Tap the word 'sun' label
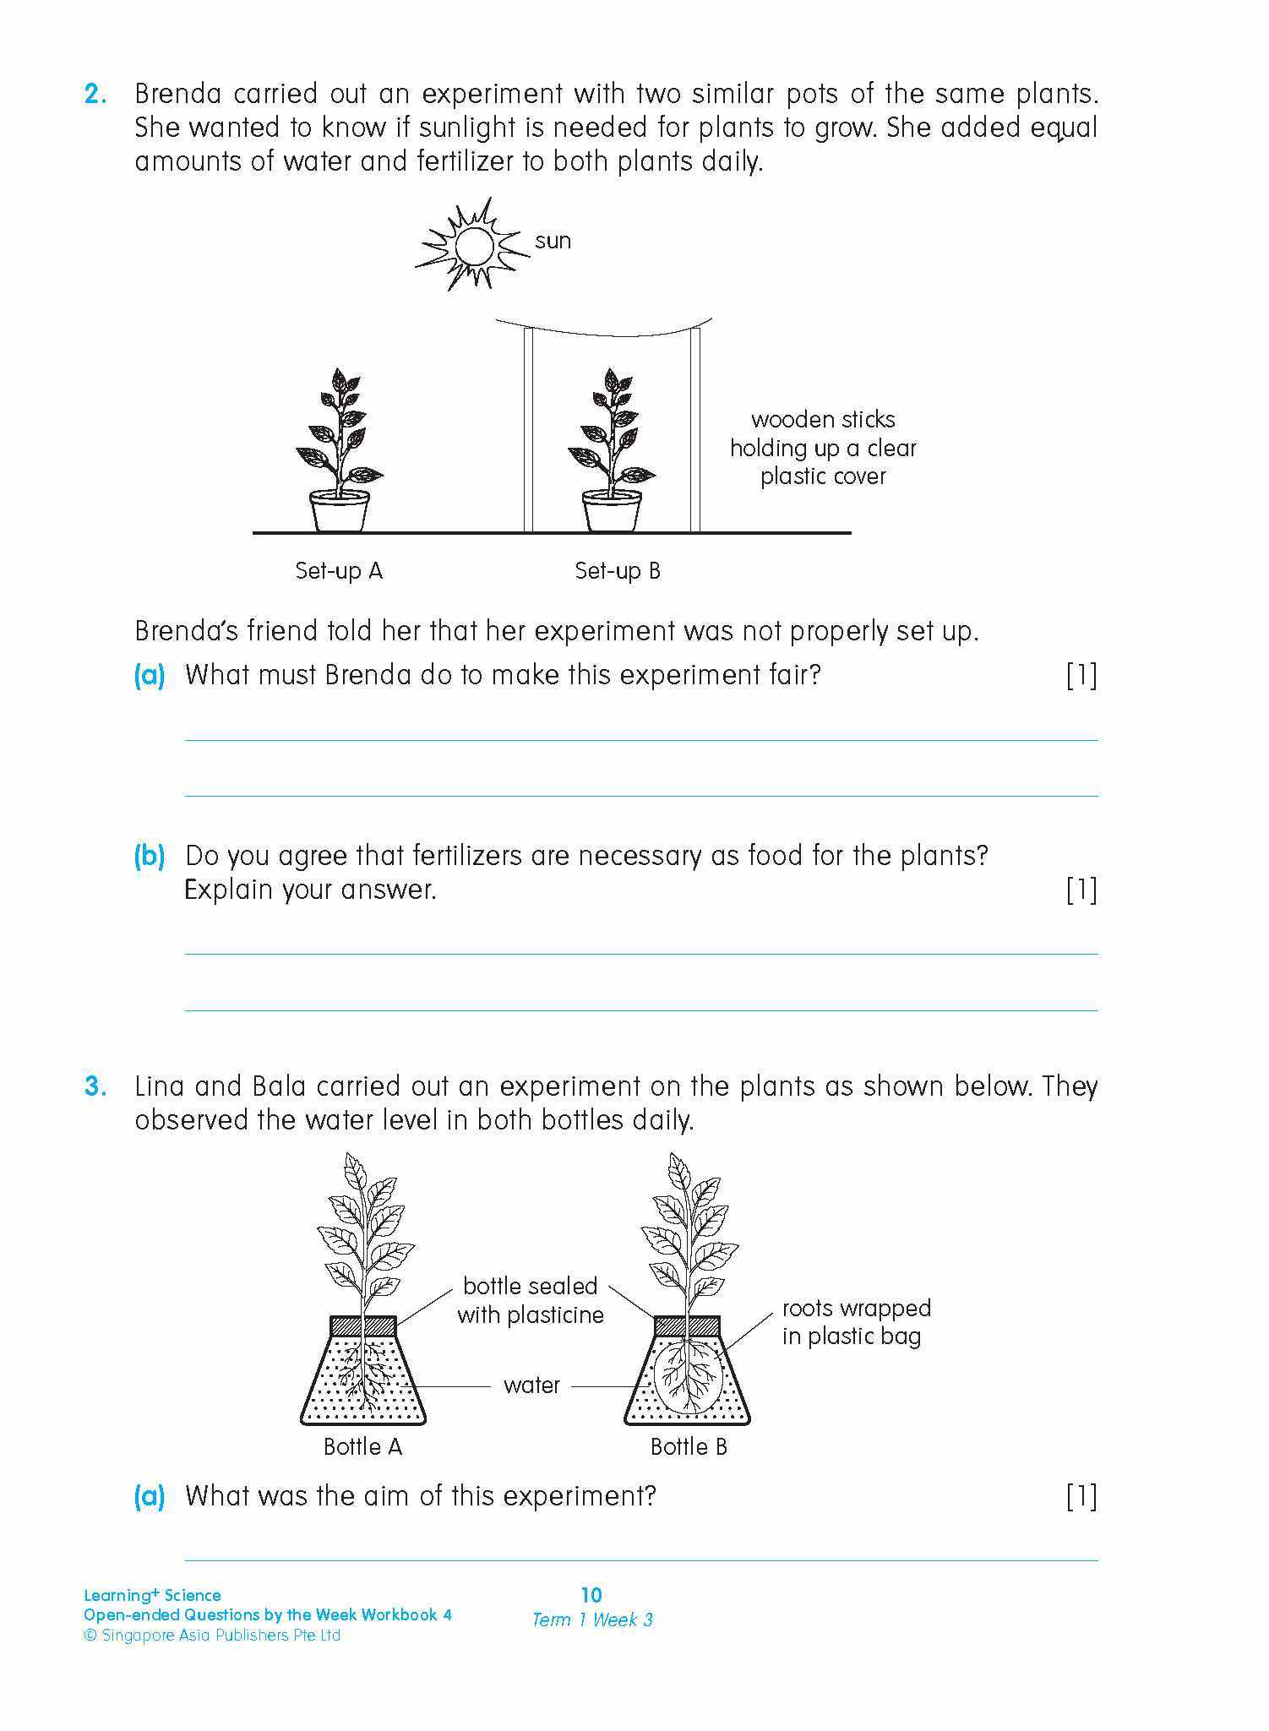click(553, 241)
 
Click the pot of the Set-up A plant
click(339, 510)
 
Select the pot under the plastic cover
click(611, 510)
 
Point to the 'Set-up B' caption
click(617, 571)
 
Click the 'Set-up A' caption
click(339, 571)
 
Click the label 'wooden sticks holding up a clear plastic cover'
click(822, 448)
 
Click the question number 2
click(95, 94)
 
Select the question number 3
click(95, 1086)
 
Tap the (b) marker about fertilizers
click(150, 856)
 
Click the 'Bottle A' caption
click(362, 1447)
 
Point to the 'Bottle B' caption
click(688, 1447)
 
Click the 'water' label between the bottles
click(531, 1385)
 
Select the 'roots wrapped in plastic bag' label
click(855, 1322)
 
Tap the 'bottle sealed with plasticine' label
click(531, 1300)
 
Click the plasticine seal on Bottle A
click(362, 1326)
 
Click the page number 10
click(591, 1595)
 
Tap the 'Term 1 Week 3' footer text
click(592, 1619)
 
